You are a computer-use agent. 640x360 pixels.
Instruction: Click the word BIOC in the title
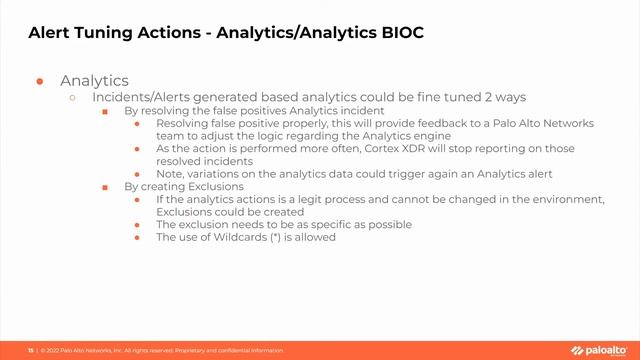[400, 33]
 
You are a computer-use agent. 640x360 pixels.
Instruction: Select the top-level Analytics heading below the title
[94, 80]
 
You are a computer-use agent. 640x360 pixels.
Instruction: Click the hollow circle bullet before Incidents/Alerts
[72, 97]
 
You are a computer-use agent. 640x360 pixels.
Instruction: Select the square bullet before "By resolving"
[105, 111]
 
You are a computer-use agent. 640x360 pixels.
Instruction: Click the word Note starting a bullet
[171, 173]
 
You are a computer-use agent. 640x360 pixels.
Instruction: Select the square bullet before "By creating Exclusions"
[105, 187]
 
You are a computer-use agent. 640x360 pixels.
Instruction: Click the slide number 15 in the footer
[30, 351]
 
